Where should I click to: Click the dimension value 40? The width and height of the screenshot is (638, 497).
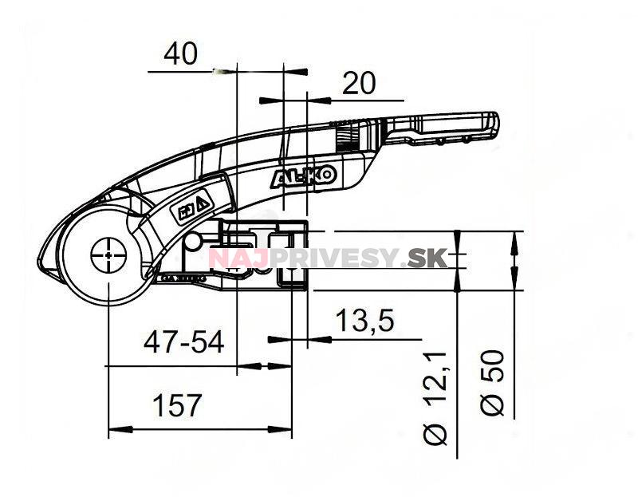[x=180, y=55]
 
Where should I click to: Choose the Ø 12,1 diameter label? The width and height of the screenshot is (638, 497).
[x=438, y=396]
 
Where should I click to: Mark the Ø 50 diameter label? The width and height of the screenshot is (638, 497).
[x=494, y=381]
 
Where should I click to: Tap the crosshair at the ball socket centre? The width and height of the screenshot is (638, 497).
[x=106, y=254]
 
